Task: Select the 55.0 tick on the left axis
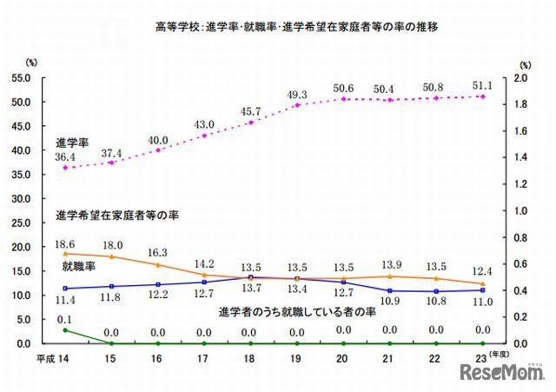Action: coord(17,77)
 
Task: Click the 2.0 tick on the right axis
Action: coord(520,77)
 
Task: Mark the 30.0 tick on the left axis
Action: coord(17,198)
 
